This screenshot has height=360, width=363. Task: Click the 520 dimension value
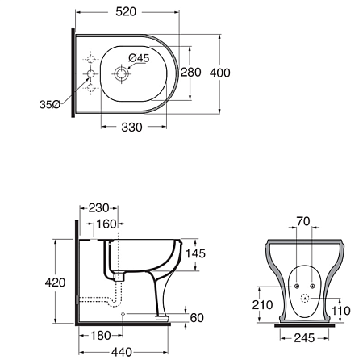tap(126, 12)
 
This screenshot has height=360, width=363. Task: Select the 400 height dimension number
tap(219, 73)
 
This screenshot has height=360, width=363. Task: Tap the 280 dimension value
tap(190, 73)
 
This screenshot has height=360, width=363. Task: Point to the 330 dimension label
tap(131, 128)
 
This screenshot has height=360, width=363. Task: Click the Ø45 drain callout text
tap(139, 58)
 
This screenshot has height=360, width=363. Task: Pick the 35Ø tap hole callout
tap(50, 104)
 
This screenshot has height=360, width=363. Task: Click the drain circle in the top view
tap(121, 73)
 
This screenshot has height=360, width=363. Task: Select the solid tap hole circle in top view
tap(90, 73)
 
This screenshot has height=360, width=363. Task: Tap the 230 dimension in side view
tap(99, 208)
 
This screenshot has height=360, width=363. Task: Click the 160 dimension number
tap(106, 224)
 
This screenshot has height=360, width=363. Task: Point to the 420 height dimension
tap(55, 283)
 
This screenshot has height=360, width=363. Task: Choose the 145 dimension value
tap(195, 253)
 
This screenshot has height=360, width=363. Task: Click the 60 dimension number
tap(197, 318)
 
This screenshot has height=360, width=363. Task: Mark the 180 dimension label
tap(101, 336)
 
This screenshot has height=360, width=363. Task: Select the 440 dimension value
tap(122, 352)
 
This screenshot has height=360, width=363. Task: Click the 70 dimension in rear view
tap(303, 221)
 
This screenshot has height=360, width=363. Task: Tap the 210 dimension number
tap(262, 305)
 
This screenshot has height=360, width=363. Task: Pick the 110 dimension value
tap(341, 311)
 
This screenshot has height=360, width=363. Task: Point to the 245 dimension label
tap(304, 338)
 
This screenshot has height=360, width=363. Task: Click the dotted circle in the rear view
tap(305, 298)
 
